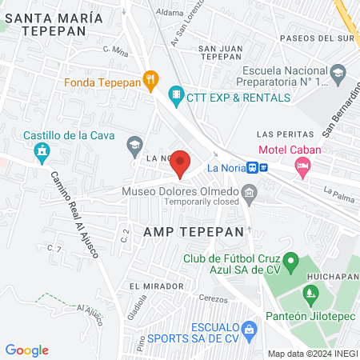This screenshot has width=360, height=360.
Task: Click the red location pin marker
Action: coord(181,164)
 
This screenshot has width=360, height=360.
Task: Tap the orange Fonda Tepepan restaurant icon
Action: coord(150,79)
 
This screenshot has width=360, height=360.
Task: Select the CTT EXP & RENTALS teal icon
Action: coord(175,95)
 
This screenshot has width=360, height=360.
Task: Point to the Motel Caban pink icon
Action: coord(302,167)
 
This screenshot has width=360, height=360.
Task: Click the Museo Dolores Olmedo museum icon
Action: coord(250,192)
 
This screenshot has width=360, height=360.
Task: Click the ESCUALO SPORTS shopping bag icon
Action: coord(250,327)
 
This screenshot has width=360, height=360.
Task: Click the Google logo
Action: coord(27,350)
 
